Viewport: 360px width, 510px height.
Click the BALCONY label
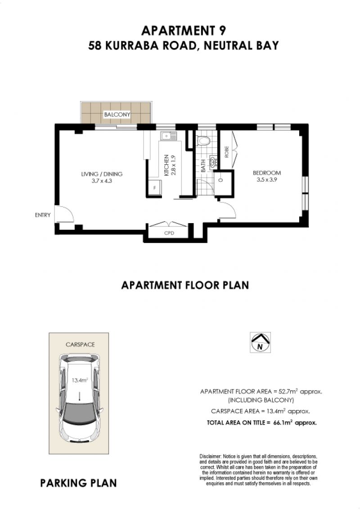(x=117, y=115)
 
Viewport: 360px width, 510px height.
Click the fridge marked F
(x=155, y=187)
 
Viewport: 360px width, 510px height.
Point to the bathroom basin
(x=213, y=161)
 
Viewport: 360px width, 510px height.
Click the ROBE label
(x=226, y=152)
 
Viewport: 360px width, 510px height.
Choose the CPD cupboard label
(x=169, y=233)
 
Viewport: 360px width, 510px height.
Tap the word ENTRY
(x=43, y=215)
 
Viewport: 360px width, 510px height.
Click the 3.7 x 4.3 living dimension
(x=102, y=181)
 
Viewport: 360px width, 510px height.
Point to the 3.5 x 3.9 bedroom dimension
(x=266, y=179)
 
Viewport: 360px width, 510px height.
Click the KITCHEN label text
(x=166, y=165)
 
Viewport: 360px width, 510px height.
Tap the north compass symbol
(x=260, y=343)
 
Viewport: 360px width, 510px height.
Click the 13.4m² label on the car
(x=80, y=380)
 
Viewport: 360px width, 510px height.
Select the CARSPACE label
(x=80, y=344)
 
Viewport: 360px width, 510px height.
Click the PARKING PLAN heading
(x=78, y=483)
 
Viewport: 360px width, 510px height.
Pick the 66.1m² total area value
(x=283, y=422)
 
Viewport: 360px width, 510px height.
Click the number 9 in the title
(x=221, y=31)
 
